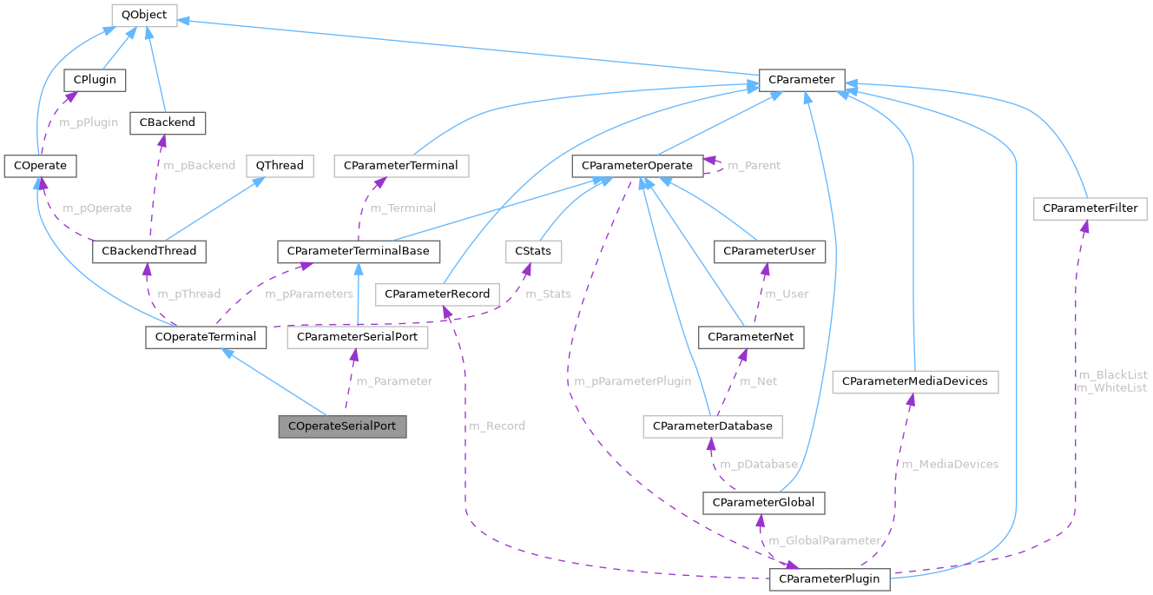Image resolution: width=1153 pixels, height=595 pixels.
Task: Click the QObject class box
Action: pyautogui.click(x=144, y=15)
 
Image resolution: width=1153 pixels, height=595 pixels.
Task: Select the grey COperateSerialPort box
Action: pyautogui.click(x=342, y=427)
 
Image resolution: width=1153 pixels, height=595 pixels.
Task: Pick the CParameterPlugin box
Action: pyautogui.click(x=828, y=578)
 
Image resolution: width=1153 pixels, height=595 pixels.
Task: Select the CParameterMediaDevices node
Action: pyautogui.click(x=915, y=381)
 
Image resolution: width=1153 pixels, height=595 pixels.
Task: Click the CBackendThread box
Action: pyautogui.click(x=149, y=251)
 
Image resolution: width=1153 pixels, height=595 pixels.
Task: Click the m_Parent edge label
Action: pyautogui.click(x=754, y=165)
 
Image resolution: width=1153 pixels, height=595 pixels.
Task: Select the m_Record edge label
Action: pyautogui.click(x=497, y=426)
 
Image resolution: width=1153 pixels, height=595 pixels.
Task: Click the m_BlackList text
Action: pyautogui.click(x=1112, y=374)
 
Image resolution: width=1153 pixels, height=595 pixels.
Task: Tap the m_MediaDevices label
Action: pyautogui.click(x=950, y=464)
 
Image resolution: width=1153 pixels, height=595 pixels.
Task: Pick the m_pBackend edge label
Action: pyautogui.click(x=199, y=164)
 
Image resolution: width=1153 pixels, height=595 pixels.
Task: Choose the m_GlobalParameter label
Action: pyautogui.click(x=825, y=540)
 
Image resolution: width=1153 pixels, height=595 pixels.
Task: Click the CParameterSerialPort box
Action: pyautogui.click(x=358, y=337)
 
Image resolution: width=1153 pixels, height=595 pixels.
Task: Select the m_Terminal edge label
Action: pyautogui.click(x=403, y=208)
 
